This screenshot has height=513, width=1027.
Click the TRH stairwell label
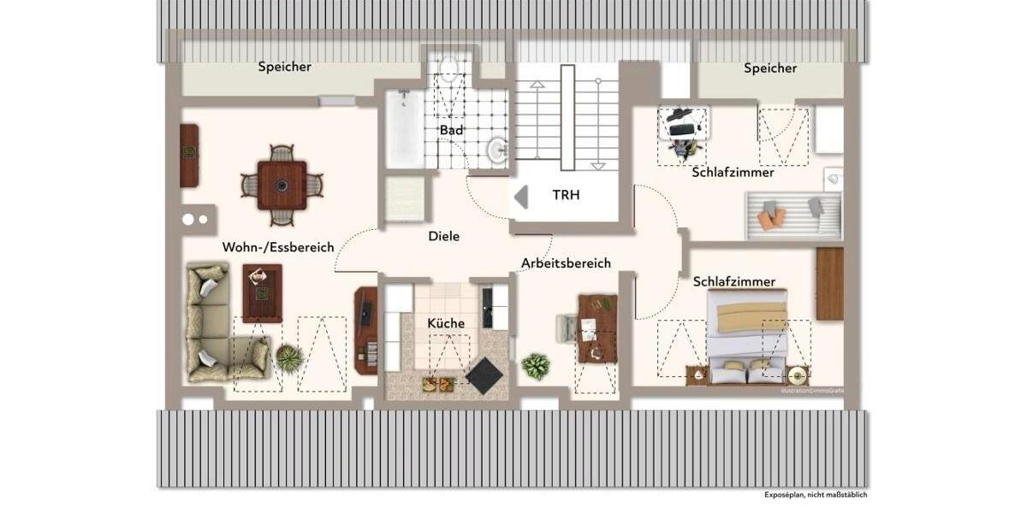pyautogui.click(x=566, y=195)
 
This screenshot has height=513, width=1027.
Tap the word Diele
pyautogui.click(x=444, y=236)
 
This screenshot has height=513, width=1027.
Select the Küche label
pyautogui.click(x=446, y=323)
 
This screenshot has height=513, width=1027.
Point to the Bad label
pyautogui.click(x=451, y=130)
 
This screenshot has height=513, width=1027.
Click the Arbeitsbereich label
pyautogui.click(x=567, y=263)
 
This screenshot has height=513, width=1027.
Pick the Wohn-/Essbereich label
pyautogui.click(x=278, y=247)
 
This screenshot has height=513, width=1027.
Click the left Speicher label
pyautogui.click(x=285, y=67)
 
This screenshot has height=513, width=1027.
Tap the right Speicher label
pyautogui.click(x=770, y=68)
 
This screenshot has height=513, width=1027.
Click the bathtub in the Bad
pyautogui.click(x=404, y=130)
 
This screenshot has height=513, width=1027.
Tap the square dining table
pyautogui.click(x=282, y=185)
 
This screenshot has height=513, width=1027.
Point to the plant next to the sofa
pyautogui.click(x=288, y=358)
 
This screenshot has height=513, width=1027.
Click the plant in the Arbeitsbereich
pyautogui.click(x=536, y=367)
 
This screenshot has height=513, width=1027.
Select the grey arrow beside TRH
pyautogui.click(x=520, y=197)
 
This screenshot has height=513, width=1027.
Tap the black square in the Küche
pyautogui.click(x=484, y=375)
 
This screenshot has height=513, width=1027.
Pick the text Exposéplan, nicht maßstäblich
pyautogui.click(x=816, y=494)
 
